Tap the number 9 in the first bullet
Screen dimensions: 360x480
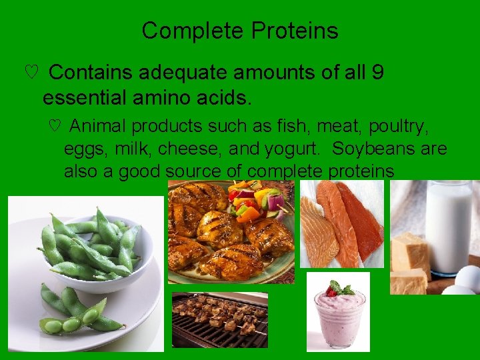coord(377,73)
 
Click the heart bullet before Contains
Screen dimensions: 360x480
coord(30,73)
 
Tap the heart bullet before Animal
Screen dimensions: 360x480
coord(55,126)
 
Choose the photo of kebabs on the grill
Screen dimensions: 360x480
coord(220,320)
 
